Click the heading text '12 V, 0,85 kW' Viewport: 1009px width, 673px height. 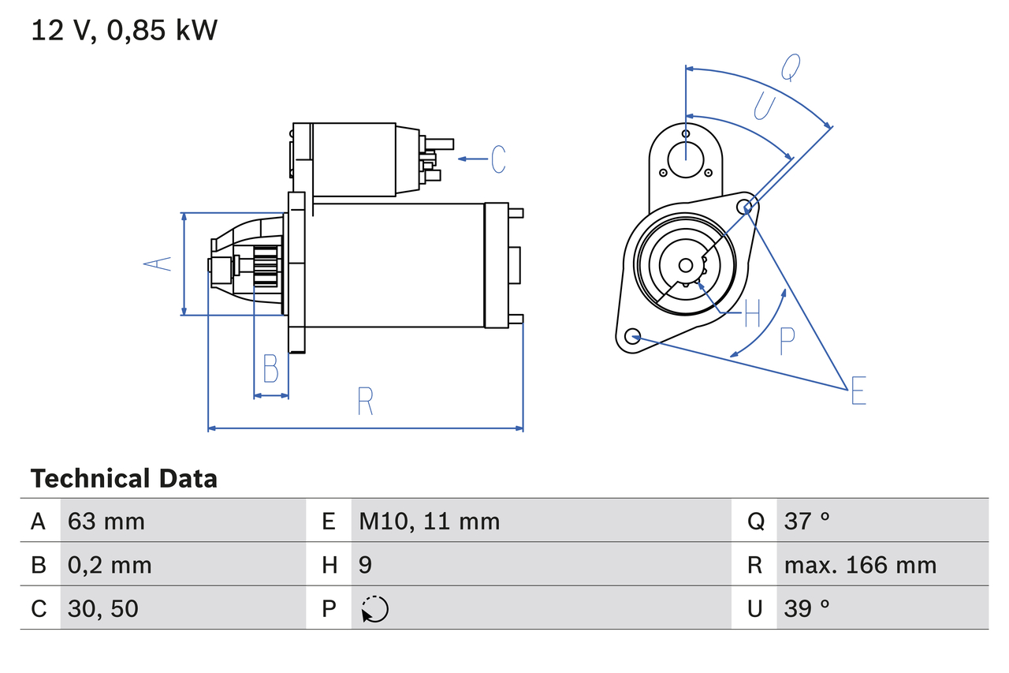pyautogui.click(x=124, y=31)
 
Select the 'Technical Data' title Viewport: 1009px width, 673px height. pyautogui.click(x=124, y=479)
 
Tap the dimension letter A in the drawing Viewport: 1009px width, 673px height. pyautogui.click(x=158, y=264)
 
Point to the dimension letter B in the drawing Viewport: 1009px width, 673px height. pyautogui.click(x=270, y=368)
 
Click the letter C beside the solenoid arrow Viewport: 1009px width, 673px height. pyautogui.click(x=498, y=159)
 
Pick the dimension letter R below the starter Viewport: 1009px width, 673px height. pyautogui.click(x=364, y=402)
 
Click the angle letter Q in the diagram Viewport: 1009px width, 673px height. pyautogui.click(x=791, y=68)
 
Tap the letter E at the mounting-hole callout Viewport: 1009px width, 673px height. pyautogui.click(x=858, y=391)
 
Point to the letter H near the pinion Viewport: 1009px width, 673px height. pyautogui.click(x=752, y=314)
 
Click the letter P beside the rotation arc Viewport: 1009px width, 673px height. pyautogui.click(x=787, y=342)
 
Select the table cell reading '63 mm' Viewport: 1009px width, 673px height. pyautogui.click(x=106, y=521)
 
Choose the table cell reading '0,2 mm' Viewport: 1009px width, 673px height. pyautogui.click(x=110, y=565)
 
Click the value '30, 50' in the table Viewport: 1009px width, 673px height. pyautogui.click(x=103, y=608)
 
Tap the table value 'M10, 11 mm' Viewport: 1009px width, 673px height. pyautogui.click(x=429, y=521)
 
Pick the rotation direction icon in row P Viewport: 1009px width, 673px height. pyautogui.click(x=374, y=609)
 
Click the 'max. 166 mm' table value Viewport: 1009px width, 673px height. pyautogui.click(x=860, y=565)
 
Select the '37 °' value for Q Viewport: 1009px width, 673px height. pyautogui.click(x=807, y=521)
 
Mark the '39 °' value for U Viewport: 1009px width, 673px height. pyautogui.click(x=807, y=608)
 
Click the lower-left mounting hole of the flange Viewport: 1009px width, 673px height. pyautogui.click(x=631, y=337)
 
